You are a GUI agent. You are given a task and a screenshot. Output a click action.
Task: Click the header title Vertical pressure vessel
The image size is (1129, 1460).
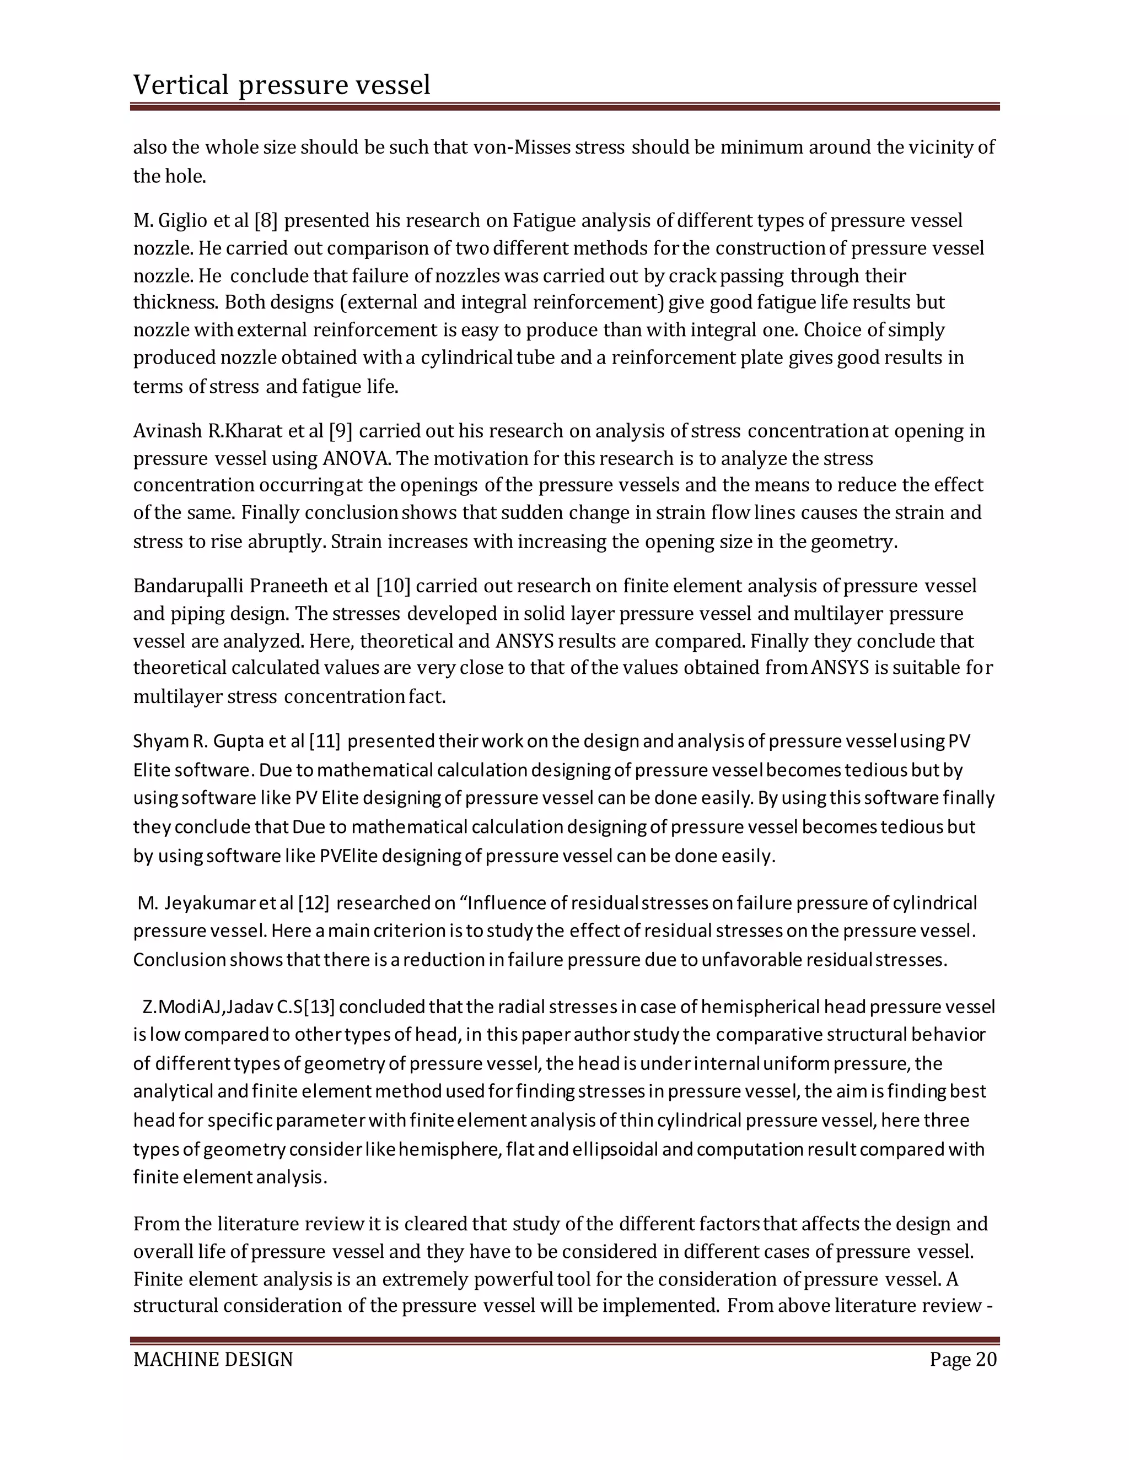(282, 85)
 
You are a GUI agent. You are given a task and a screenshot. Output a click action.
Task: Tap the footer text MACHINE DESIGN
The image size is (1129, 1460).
(213, 1359)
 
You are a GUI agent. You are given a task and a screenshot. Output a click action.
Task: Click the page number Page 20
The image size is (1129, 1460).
(963, 1359)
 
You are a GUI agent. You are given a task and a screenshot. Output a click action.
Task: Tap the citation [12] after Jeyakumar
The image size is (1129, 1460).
(314, 903)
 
